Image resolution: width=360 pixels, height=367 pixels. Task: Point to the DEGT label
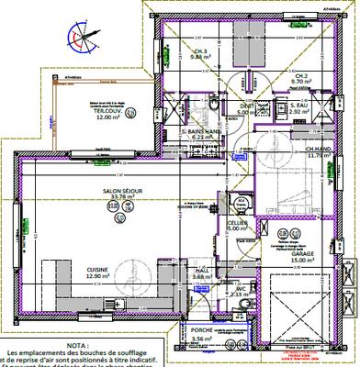point(247,107)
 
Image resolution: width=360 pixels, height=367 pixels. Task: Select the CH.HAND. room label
point(318,150)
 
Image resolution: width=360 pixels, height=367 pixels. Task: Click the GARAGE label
point(303,254)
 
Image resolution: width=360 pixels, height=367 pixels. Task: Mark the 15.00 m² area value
point(304,261)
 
